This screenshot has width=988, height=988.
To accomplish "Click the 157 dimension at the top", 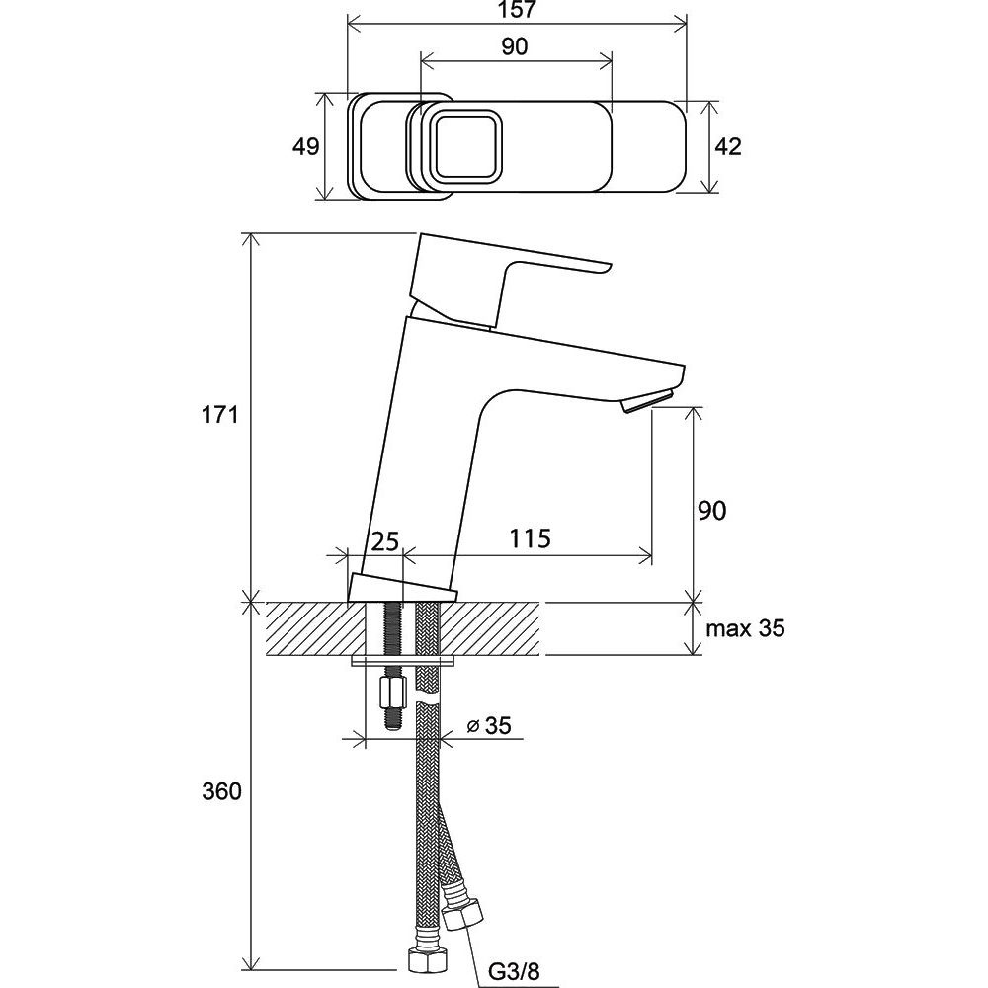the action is pyautogui.click(x=516, y=10).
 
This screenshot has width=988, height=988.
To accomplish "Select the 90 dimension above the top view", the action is pyautogui.click(x=515, y=46).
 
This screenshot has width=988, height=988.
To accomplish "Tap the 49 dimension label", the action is pyautogui.click(x=306, y=147).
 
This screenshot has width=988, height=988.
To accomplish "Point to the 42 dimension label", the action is pyautogui.click(x=728, y=147).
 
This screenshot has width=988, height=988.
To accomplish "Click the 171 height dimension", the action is pyautogui.click(x=220, y=415).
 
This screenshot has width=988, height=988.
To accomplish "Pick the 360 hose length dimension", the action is pyautogui.click(x=221, y=790).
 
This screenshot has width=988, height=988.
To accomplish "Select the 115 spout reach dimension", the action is pyautogui.click(x=530, y=538).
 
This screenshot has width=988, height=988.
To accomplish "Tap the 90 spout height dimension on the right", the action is pyautogui.click(x=712, y=511).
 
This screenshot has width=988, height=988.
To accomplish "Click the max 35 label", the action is pyautogui.click(x=745, y=628).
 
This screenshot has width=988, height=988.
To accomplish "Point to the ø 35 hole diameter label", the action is pyautogui.click(x=489, y=726).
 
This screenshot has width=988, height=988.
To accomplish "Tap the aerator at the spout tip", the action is pyautogui.click(x=647, y=401).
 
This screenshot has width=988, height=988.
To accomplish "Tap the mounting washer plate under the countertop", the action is pyautogui.click(x=403, y=660).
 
